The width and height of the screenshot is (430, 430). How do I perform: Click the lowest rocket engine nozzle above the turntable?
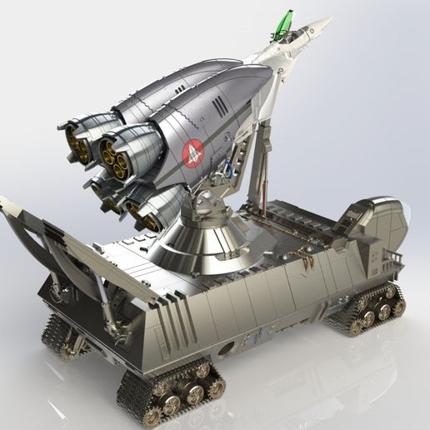147,216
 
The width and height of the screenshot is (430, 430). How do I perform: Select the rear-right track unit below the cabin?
367,308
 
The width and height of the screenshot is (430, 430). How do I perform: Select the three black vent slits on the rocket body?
218,106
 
